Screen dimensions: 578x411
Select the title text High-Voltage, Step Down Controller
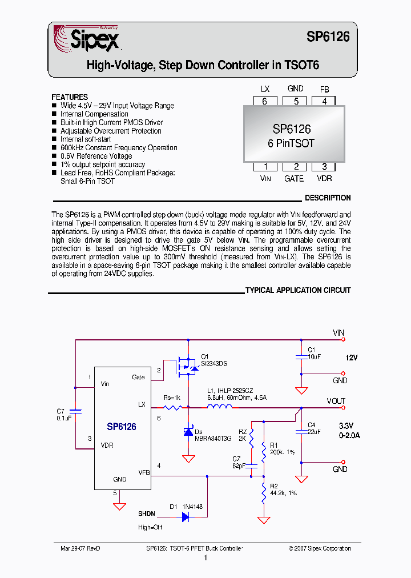click(202, 66)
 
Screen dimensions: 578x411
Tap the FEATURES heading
click(70, 97)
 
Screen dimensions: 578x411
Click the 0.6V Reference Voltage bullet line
click(96, 156)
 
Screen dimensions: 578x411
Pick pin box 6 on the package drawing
click(265, 101)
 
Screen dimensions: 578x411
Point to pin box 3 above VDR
click(324, 167)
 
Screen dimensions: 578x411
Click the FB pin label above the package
click(324, 89)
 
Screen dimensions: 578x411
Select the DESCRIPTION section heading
click(327, 198)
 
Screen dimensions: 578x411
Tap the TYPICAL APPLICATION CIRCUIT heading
click(298, 290)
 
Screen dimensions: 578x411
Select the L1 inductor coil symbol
click(219, 407)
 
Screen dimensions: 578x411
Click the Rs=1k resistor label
click(172, 398)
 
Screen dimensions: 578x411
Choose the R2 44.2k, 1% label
click(283, 489)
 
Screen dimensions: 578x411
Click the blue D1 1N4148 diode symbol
click(186, 516)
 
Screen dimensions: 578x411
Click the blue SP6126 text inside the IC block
click(121, 427)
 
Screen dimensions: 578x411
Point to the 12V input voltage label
click(350, 357)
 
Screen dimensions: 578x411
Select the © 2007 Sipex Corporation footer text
click(320, 548)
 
